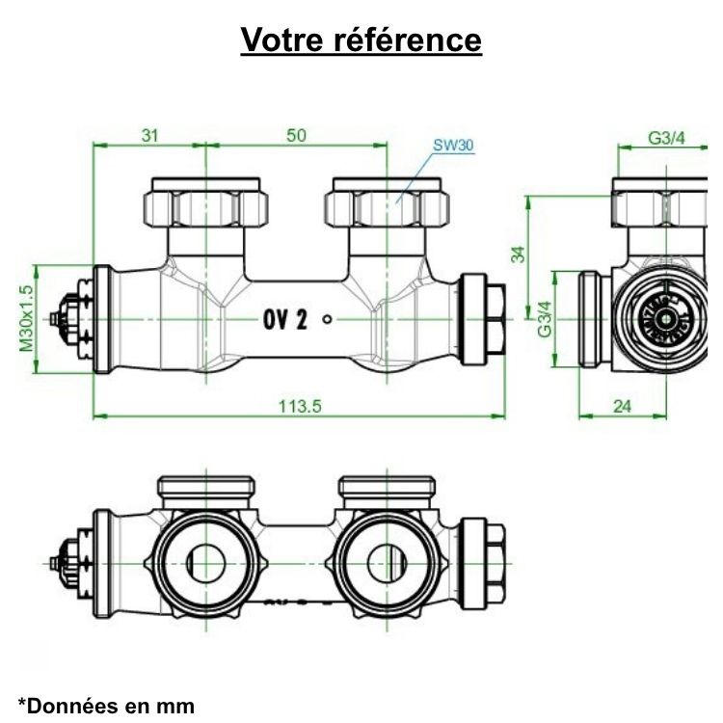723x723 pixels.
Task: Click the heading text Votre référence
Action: (361, 40)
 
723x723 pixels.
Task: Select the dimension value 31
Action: (149, 136)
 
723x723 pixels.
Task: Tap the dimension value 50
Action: (296, 136)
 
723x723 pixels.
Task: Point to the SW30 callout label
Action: (452, 147)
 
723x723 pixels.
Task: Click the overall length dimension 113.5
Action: (300, 406)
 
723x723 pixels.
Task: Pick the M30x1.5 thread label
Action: (26, 317)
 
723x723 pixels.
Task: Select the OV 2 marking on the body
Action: (284, 320)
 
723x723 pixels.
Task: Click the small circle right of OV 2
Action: (329, 319)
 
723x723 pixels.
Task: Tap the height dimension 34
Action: (519, 254)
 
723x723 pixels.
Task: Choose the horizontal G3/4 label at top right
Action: (665, 138)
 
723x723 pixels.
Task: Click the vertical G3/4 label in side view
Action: (545, 319)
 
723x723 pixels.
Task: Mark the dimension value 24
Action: (622, 406)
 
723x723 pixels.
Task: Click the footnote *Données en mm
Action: (106, 705)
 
